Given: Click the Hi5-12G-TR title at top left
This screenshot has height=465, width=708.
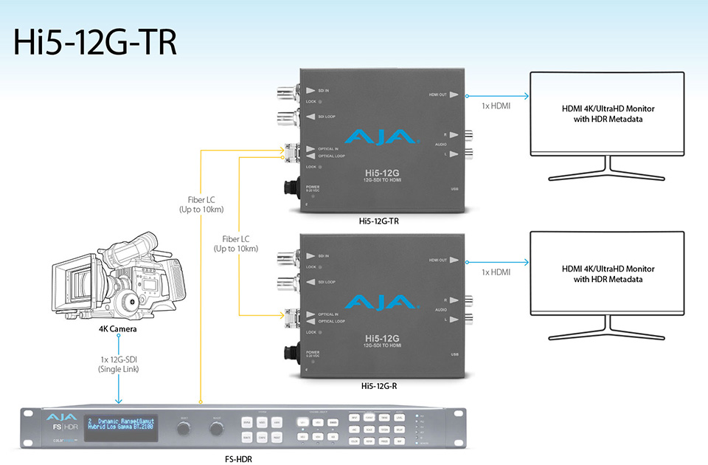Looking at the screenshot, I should tap(95, 42).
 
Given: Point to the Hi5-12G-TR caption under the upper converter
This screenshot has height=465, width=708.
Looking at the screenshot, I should tap(379, 221).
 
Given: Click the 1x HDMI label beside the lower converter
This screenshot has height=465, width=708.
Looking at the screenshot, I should tap(496, 272).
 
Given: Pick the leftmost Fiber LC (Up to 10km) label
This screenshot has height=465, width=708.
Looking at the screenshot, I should tap(201, 204).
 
